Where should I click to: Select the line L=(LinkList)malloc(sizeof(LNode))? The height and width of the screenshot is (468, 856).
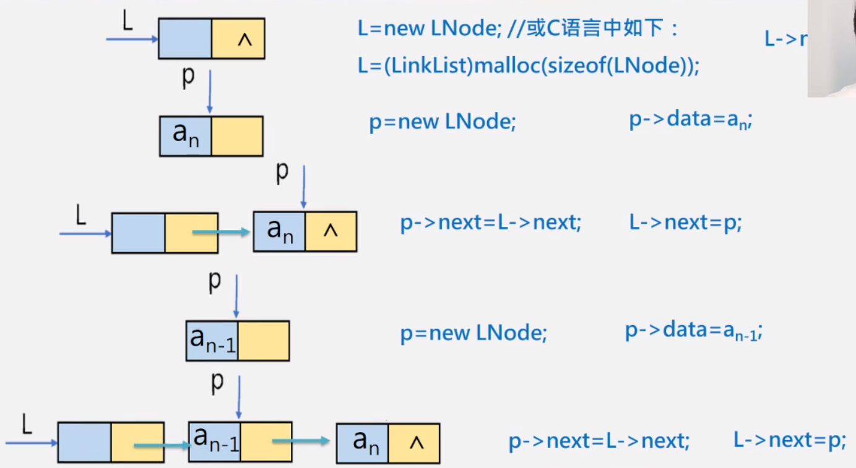[x=528, y=66]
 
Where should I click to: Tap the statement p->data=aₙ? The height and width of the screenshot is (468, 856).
[x=690, y=120]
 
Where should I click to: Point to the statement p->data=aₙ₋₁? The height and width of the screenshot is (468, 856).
[x=693, y=332]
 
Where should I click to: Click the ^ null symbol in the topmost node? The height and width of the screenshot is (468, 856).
[x=244, y=40]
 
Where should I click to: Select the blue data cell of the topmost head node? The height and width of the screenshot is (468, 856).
[x=185, y=38]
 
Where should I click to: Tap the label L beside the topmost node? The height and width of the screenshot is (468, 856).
[x=128, y=22]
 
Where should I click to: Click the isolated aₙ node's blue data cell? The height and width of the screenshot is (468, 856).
[x=185, y=136]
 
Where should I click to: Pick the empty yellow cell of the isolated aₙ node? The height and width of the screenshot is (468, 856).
[x=237, y=136]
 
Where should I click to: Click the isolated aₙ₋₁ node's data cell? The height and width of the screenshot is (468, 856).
[x=212, y=341]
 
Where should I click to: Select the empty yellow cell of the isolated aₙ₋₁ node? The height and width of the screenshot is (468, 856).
[x=264, y=341]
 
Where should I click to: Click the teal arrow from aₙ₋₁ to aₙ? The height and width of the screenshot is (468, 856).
[x=300, y=441]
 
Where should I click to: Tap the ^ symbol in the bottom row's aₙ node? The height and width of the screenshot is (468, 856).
[x=417, y=443]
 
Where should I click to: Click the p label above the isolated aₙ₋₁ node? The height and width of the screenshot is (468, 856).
[x=214, y=281]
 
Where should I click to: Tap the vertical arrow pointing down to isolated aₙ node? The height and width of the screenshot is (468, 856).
[x=210, y=91]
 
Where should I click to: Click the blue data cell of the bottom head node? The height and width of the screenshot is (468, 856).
[x=85, y=443]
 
